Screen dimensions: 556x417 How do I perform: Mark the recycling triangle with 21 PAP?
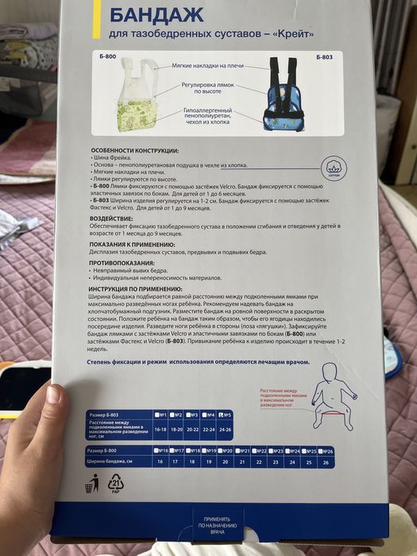(115, 482)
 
